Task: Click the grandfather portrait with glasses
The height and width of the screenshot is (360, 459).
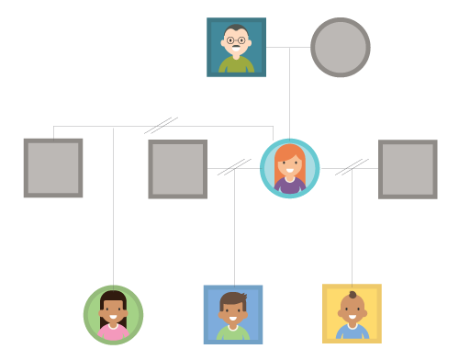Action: click(x=236, y=47)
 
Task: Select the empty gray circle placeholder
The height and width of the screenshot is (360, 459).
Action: click(x=341, y=47)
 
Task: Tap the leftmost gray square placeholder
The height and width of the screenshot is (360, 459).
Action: click(x=53, y=168)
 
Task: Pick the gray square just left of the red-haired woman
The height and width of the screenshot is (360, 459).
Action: click(x=177, y=169)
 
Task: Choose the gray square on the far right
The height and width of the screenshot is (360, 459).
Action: click(x=408, y=169)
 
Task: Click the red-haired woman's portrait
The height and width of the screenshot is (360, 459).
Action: click(x=289, y=168)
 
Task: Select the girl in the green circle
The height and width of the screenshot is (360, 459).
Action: click(x=113, y=315)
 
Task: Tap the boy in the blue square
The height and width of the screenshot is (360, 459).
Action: click(x=233, y=314)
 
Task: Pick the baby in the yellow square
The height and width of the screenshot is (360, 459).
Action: click(x=352, y=313)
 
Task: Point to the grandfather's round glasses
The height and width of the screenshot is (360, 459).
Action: click(x=236, y=40)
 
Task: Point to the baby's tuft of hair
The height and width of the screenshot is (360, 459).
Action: click(x=353, y=295)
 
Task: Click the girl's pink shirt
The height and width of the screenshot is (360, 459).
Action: click(x=113, y=332)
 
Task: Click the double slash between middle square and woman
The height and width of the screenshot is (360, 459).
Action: click(x=234, y=167)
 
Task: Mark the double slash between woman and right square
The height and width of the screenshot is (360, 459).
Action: click(x=351, y=167)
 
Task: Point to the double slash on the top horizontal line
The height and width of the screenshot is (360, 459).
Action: click(x=162, y=126)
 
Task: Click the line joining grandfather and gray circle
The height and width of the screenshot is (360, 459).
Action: click(x=287, y=47)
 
